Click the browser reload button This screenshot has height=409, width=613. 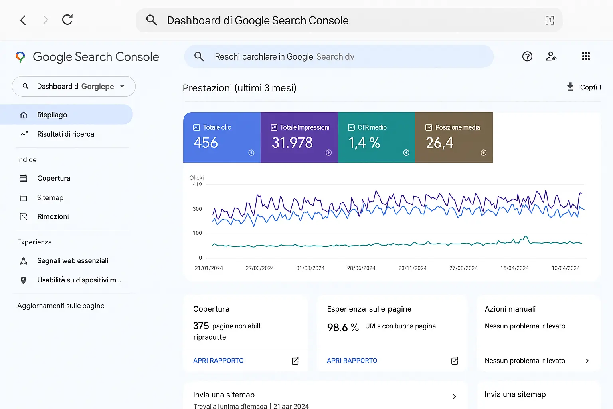click(x=67, y=20)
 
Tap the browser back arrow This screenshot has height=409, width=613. click(x=23, y=20)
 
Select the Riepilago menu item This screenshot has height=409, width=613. click(x=52, y=115)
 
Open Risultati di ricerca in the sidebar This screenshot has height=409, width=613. click(x=65, y=134)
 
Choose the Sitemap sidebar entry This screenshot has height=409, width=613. click(x=50, y=198)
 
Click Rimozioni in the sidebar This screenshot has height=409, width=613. click(x=53, y=216)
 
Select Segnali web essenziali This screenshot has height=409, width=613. click(x=73, y=261)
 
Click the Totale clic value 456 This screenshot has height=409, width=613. click(x=206, y=143)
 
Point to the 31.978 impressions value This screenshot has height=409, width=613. click(x=292, y=143)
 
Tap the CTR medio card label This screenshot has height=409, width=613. click(x=372, y=127)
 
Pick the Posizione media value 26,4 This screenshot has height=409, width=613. click(x=439, y=143)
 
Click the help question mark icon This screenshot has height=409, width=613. click(x=527, y=56)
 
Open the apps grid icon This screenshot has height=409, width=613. click(x=585, y=56)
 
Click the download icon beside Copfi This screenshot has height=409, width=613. click(x=570, y=87)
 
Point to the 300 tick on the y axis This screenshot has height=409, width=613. click(x=197, y=209)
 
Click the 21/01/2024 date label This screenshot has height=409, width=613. click(x=209, y=268)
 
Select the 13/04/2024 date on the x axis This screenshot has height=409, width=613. click(x=566, y=268)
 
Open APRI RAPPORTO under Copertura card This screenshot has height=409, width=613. click(x=218, y=361)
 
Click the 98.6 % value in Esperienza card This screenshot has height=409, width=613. click(x=343, y=328)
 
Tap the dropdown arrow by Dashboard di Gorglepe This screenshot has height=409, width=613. click(x=122, y=86)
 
